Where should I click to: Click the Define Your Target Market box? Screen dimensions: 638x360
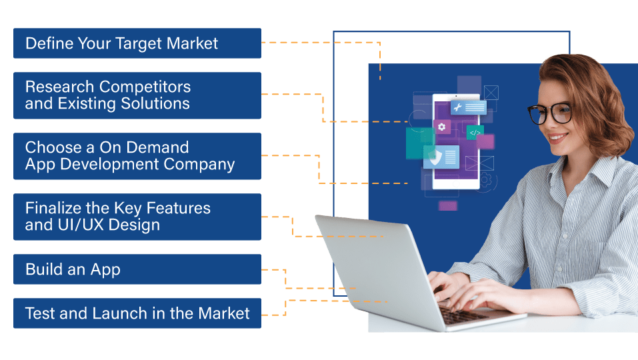(137, 43)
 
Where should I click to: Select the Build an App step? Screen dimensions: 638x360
(137, 269)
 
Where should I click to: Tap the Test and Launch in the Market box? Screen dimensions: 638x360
(137, 313)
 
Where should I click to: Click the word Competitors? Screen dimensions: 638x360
(145, 87)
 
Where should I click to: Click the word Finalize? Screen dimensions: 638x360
(53, 208)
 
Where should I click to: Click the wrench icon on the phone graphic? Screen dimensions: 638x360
(457, 107)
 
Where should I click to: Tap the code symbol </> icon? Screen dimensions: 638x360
(475, 133)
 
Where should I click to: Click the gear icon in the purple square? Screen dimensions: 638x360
(442, 127)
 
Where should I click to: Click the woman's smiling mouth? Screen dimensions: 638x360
(557, 138)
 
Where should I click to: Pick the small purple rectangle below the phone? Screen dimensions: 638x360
(447, 205)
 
